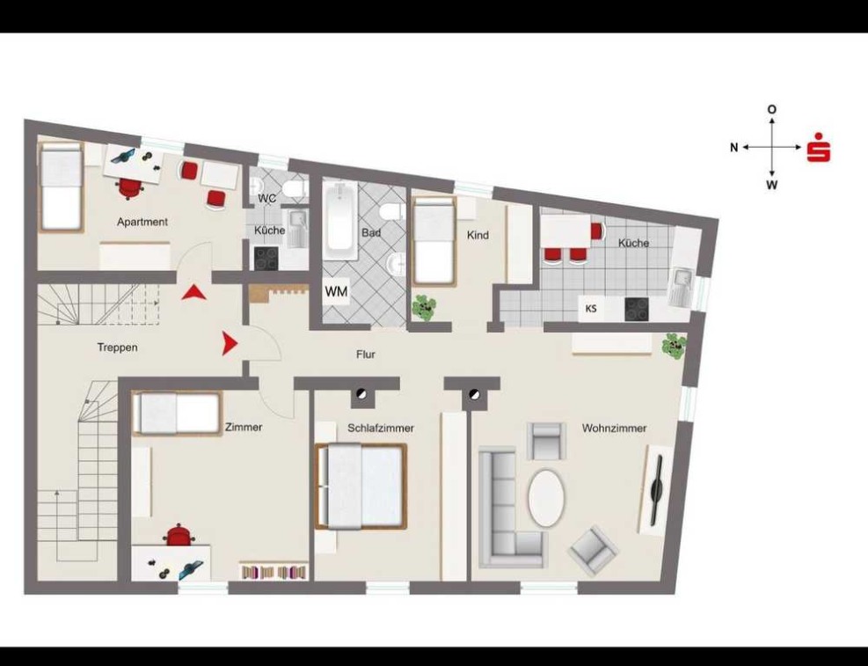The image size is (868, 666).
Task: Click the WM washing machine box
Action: click(337, 291)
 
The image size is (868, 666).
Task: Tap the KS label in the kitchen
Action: click(591, 309)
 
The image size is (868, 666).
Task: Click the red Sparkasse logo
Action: click(819, 147)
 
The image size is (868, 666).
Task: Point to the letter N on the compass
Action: click(734, 147)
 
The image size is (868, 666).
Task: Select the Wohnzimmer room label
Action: click(615, 428)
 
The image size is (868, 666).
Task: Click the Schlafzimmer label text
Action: click(381, 428)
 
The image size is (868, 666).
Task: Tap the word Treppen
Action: click(117, 348)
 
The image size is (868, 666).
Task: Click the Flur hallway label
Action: click(366, 355)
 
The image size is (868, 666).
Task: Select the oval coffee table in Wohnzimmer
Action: click(547, 498)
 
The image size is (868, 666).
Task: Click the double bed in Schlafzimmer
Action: click(361, 487)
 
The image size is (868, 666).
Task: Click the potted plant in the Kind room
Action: click(424, 307)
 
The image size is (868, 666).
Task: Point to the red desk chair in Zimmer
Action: click(179, 535)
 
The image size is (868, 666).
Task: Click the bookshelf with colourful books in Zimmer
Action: click(274, 571)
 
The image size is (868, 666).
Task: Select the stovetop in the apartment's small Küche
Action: click(266, 259)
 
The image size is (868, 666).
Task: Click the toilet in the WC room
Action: click(295, 189)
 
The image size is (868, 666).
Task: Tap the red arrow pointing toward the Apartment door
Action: click(193, 292)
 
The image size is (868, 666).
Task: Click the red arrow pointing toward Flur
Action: click(230, 343)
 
